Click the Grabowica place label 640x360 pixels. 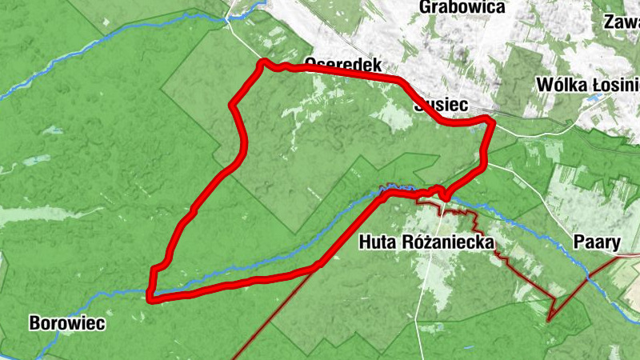pyautogui.click(x=462, y=8)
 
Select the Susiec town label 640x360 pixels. pyautogui.click(x=440, y=104)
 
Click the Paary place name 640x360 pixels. pyautogui.click(x=598, y=242)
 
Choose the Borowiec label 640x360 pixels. pyautogui.click(x=66, y=324)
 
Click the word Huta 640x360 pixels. pyautogui.click(x=378, y=242)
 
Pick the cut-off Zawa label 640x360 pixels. pyautogui.click(x=622, y=22)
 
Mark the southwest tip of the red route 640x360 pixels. pyautogui.click(x=150, y=298)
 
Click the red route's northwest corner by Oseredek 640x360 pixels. pyautogui.click(x=261, y=63)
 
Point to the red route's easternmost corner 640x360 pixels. pyautogui.click(x=491, y=121)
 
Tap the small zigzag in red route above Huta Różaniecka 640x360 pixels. pyautogui.click(x=438, y=191)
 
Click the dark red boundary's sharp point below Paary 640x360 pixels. pyautogui.click(x=549, y=319)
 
